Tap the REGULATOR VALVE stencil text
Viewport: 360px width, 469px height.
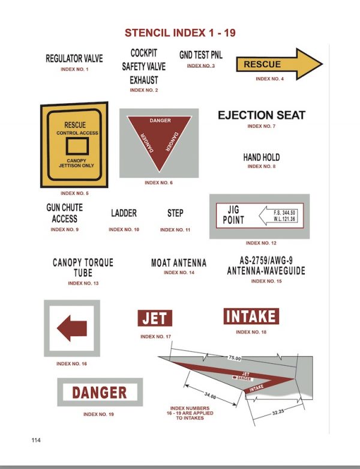(74, 59)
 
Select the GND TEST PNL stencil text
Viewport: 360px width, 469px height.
(200, 55)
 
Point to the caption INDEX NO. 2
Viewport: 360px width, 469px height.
(144, 90)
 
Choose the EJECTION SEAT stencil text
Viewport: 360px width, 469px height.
(261, 115)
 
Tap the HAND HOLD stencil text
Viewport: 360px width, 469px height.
(261, 157)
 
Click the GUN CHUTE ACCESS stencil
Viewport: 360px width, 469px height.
(65, 213)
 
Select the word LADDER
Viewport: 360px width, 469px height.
(124, 213)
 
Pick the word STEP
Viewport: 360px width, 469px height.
(175, 213)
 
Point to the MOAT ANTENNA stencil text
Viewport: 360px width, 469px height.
(179, 263)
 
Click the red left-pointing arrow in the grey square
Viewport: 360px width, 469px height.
(72, 328)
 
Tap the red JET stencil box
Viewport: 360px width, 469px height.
(155, 318)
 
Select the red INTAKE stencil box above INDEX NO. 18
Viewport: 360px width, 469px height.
(251, 316)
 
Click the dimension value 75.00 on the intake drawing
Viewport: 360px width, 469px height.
(234, 359)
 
